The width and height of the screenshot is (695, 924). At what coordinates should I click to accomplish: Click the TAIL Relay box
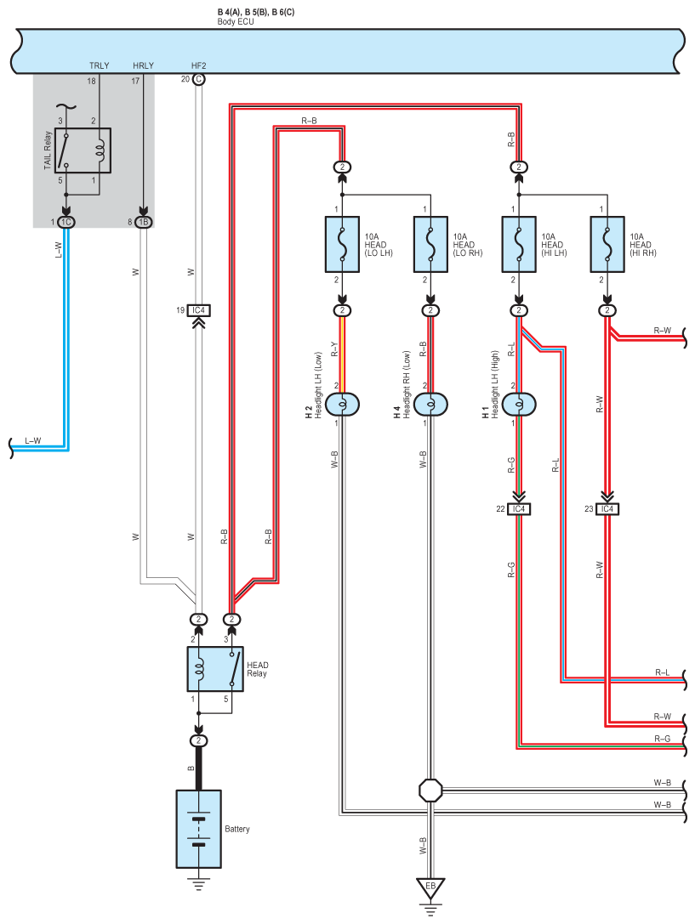click(83, 150)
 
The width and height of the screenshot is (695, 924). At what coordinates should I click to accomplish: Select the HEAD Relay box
click(215, 669)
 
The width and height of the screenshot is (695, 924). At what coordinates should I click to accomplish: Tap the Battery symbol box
click(199, 829)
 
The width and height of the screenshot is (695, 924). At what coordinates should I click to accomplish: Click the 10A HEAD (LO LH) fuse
click(343, 244)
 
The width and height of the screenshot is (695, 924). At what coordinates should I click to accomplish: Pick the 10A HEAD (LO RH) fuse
click(431, 244)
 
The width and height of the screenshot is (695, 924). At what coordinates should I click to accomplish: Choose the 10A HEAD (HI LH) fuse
click(519, 244)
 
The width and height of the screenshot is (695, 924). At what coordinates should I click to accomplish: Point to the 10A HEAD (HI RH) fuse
click(607, 244)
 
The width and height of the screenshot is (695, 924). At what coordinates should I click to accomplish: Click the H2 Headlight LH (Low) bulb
click(343, 405)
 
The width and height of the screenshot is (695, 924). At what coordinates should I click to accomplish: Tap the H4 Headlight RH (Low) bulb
click(431, 405)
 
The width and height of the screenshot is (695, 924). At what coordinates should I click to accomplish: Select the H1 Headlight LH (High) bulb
click(519, 405)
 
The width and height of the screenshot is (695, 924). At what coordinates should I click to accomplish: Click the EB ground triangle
click(431, 887)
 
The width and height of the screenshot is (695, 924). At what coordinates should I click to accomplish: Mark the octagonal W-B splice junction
click(431, 791)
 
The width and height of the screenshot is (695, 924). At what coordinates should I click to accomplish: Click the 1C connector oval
click(66, 222)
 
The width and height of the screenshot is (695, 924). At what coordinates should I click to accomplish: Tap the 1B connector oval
click(143, 222)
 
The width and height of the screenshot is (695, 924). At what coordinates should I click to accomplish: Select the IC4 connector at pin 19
click(199, 310)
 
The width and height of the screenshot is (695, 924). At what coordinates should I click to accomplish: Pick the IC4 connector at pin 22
click(519, 509)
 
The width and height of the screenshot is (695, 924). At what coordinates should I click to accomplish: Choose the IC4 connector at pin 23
click(607, 509)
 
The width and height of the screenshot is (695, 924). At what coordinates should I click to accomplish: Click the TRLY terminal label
click(99, 65)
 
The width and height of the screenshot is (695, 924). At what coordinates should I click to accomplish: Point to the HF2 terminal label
click(199, 65)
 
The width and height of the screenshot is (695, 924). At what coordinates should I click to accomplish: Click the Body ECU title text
click(235, 22)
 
